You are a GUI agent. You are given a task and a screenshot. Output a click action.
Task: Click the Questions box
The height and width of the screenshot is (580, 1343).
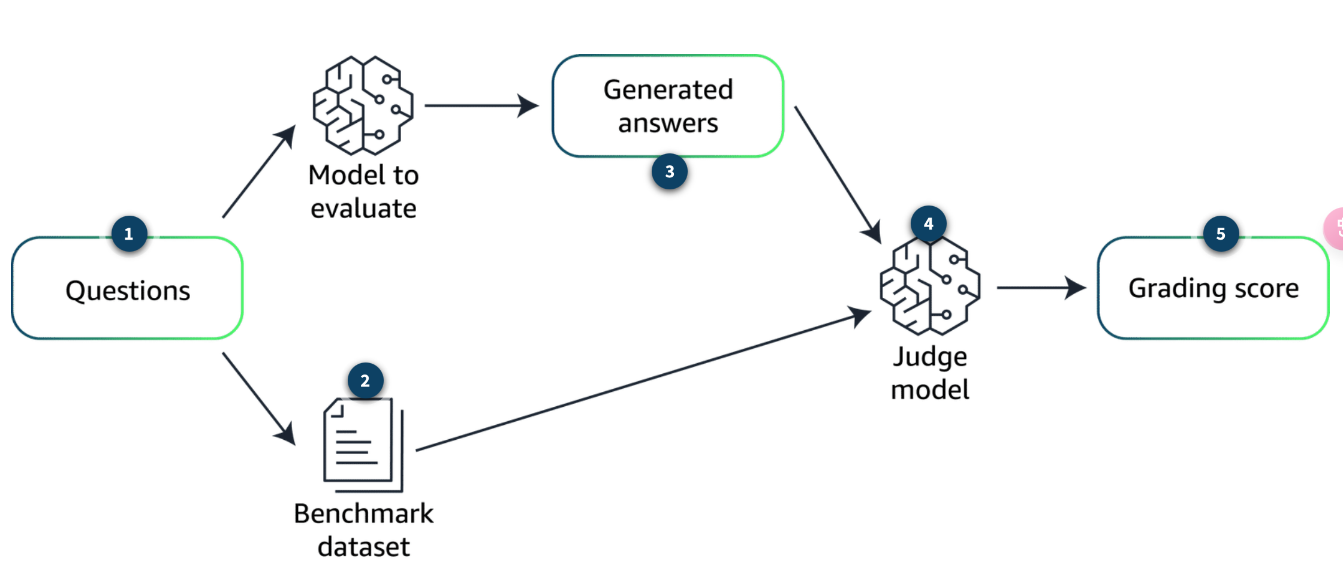pyautogui.click(x=127, y=288)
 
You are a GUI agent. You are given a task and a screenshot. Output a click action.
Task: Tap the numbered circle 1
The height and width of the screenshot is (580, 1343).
pyautogui.click(x=129, y=234)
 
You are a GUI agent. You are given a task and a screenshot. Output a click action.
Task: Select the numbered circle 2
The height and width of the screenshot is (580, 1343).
pyautogui.click(x=365, y=380)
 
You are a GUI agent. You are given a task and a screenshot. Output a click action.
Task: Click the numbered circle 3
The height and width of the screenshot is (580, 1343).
pyautogui.click(x=669, y=172)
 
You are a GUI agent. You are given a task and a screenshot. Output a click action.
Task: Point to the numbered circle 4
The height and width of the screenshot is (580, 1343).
pyautogui.click(x=928, y=224)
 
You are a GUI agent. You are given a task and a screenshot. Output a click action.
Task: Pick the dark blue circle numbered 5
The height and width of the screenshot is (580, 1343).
pyautogui.click(x=1221, y=234)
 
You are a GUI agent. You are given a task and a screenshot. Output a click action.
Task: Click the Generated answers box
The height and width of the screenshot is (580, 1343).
pyautogui.click(x=667, y=106)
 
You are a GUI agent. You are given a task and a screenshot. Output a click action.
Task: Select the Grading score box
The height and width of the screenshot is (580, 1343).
pyautogui.click(x=1213, y=288)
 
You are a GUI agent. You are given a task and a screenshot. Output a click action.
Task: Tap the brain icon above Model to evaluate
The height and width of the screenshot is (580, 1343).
pyautogui.click(x=363, y=106)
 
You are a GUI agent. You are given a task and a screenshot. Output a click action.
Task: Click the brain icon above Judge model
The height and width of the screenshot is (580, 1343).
pyautogui.click(x=929, y=286)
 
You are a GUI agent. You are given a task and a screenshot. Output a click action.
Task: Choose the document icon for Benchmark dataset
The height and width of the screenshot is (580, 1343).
pyautogui.click(x=363, y=444)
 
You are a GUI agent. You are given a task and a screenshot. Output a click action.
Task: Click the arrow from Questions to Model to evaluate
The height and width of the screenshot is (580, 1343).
pyautogui.click(x=259, y=171)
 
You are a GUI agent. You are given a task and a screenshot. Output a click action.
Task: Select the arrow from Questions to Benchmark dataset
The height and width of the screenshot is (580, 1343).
pyautogui.click(x=259, y=399)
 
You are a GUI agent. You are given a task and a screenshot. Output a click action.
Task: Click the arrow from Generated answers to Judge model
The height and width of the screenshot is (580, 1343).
pyautogui.click(x=837, y=174)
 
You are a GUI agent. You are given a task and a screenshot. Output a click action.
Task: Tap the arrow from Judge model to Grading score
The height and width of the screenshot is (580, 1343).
pyautogui.click(x=1041, y=288)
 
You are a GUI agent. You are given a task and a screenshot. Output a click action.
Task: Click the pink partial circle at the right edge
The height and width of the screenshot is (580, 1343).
pyautogui.click(x=1335, y=228)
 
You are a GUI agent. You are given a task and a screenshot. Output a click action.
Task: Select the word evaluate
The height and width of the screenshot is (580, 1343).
pyautogui.click(x=363, y=209)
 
